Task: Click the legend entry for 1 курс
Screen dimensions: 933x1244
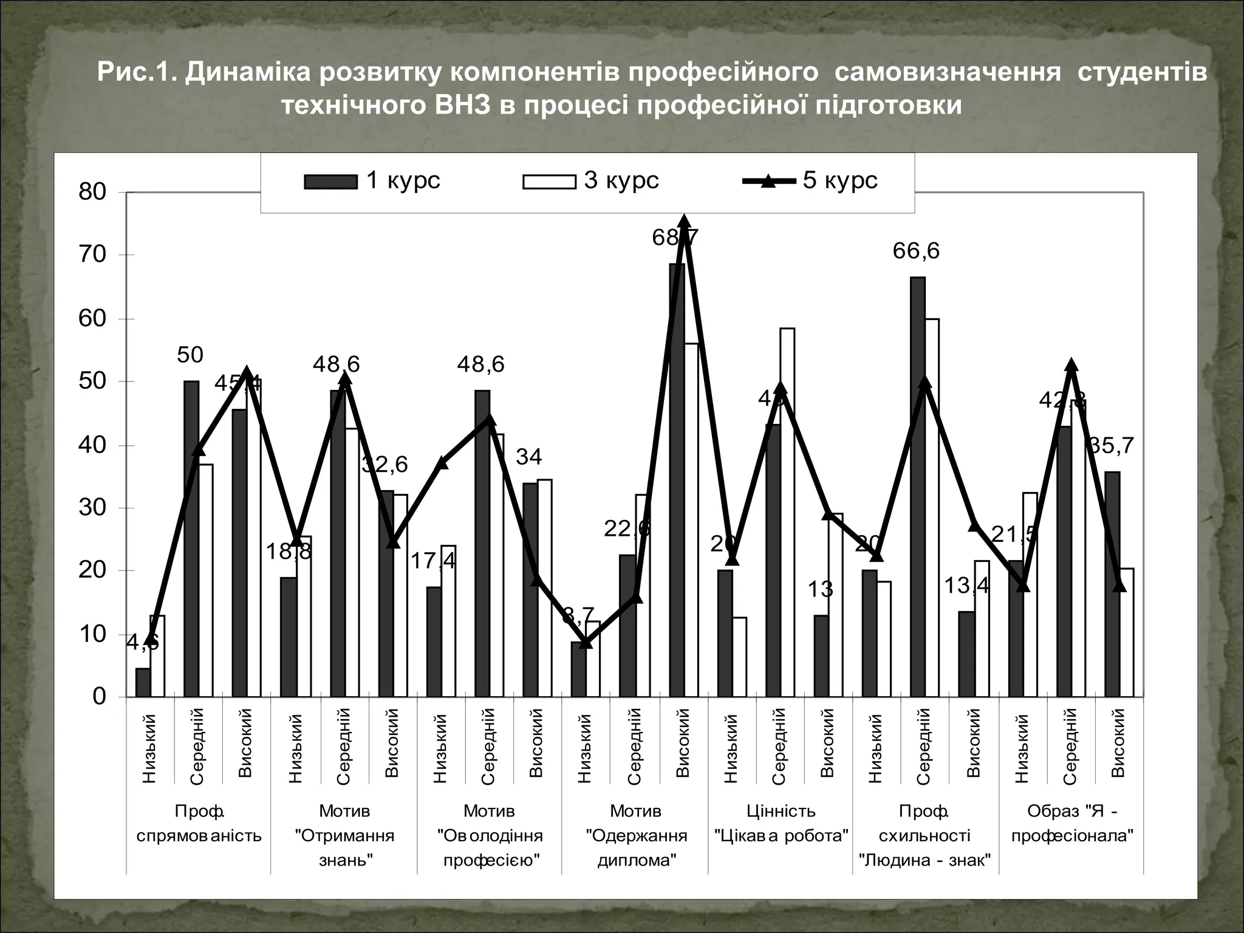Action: (x=372, y=181)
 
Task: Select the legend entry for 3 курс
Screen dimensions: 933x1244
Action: (x=590, y=181)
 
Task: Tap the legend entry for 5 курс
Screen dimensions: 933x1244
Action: (x=810, y=181)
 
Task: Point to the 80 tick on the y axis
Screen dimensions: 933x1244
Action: (x=92, y=192)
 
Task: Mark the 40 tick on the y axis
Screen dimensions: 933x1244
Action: (x=92, y=445)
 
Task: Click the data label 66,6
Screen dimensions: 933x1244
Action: (x=916, y=250)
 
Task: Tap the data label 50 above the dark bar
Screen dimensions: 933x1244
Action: (x=190, y=355)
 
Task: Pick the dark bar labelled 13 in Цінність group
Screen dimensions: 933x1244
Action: (x=821, y=656)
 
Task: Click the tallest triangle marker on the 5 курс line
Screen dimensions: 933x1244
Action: (x=684, y=222)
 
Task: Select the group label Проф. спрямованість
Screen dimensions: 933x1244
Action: (x=199, y=823)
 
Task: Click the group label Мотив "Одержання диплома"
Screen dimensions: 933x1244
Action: (x=636, y=835)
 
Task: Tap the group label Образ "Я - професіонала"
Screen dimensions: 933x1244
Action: (x=1072, y=823)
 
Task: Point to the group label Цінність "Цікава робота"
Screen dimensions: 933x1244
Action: (x=781, y=823)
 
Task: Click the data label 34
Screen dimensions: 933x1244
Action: (x=528, y=457)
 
